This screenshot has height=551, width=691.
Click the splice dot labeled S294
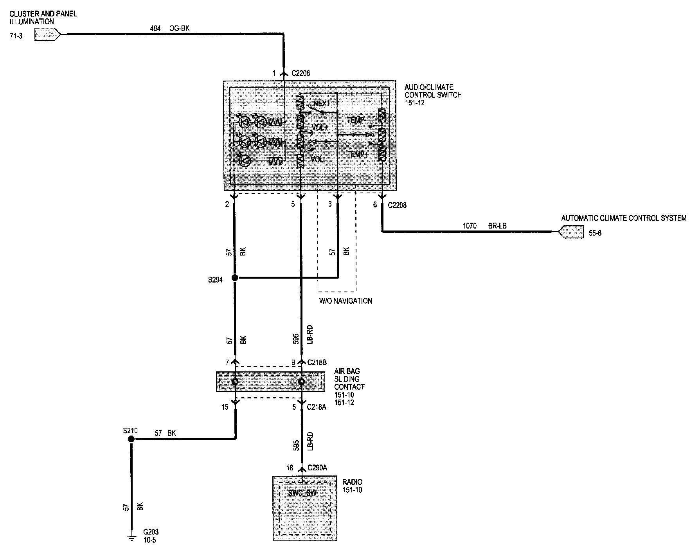coord(235,278)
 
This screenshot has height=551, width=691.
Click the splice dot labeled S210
coord(131,439)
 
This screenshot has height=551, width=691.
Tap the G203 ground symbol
coord(131,538)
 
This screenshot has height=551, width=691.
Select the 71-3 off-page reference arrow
coord(47,35)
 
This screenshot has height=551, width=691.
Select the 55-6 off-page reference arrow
coord(571,232)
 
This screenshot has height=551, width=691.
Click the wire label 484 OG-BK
coord(170,28)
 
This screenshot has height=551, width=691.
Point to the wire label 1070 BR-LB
coord(484,226)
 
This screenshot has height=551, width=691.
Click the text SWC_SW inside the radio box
coord(302,493)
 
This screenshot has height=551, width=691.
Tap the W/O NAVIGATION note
coord(345,301)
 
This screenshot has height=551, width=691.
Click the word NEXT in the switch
coord(322,104)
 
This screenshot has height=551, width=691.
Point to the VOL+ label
coord(320,127)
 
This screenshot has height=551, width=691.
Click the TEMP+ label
coord(357,155)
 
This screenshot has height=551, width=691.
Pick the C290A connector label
coord(317,468)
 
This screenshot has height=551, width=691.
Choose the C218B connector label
coord(317,362)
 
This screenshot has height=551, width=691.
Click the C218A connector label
coord(317,407)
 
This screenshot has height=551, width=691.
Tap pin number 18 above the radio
coord(290,468)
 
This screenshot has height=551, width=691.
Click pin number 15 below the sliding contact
coord(225,407)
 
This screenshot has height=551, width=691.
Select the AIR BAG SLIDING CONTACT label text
coord(349,379)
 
